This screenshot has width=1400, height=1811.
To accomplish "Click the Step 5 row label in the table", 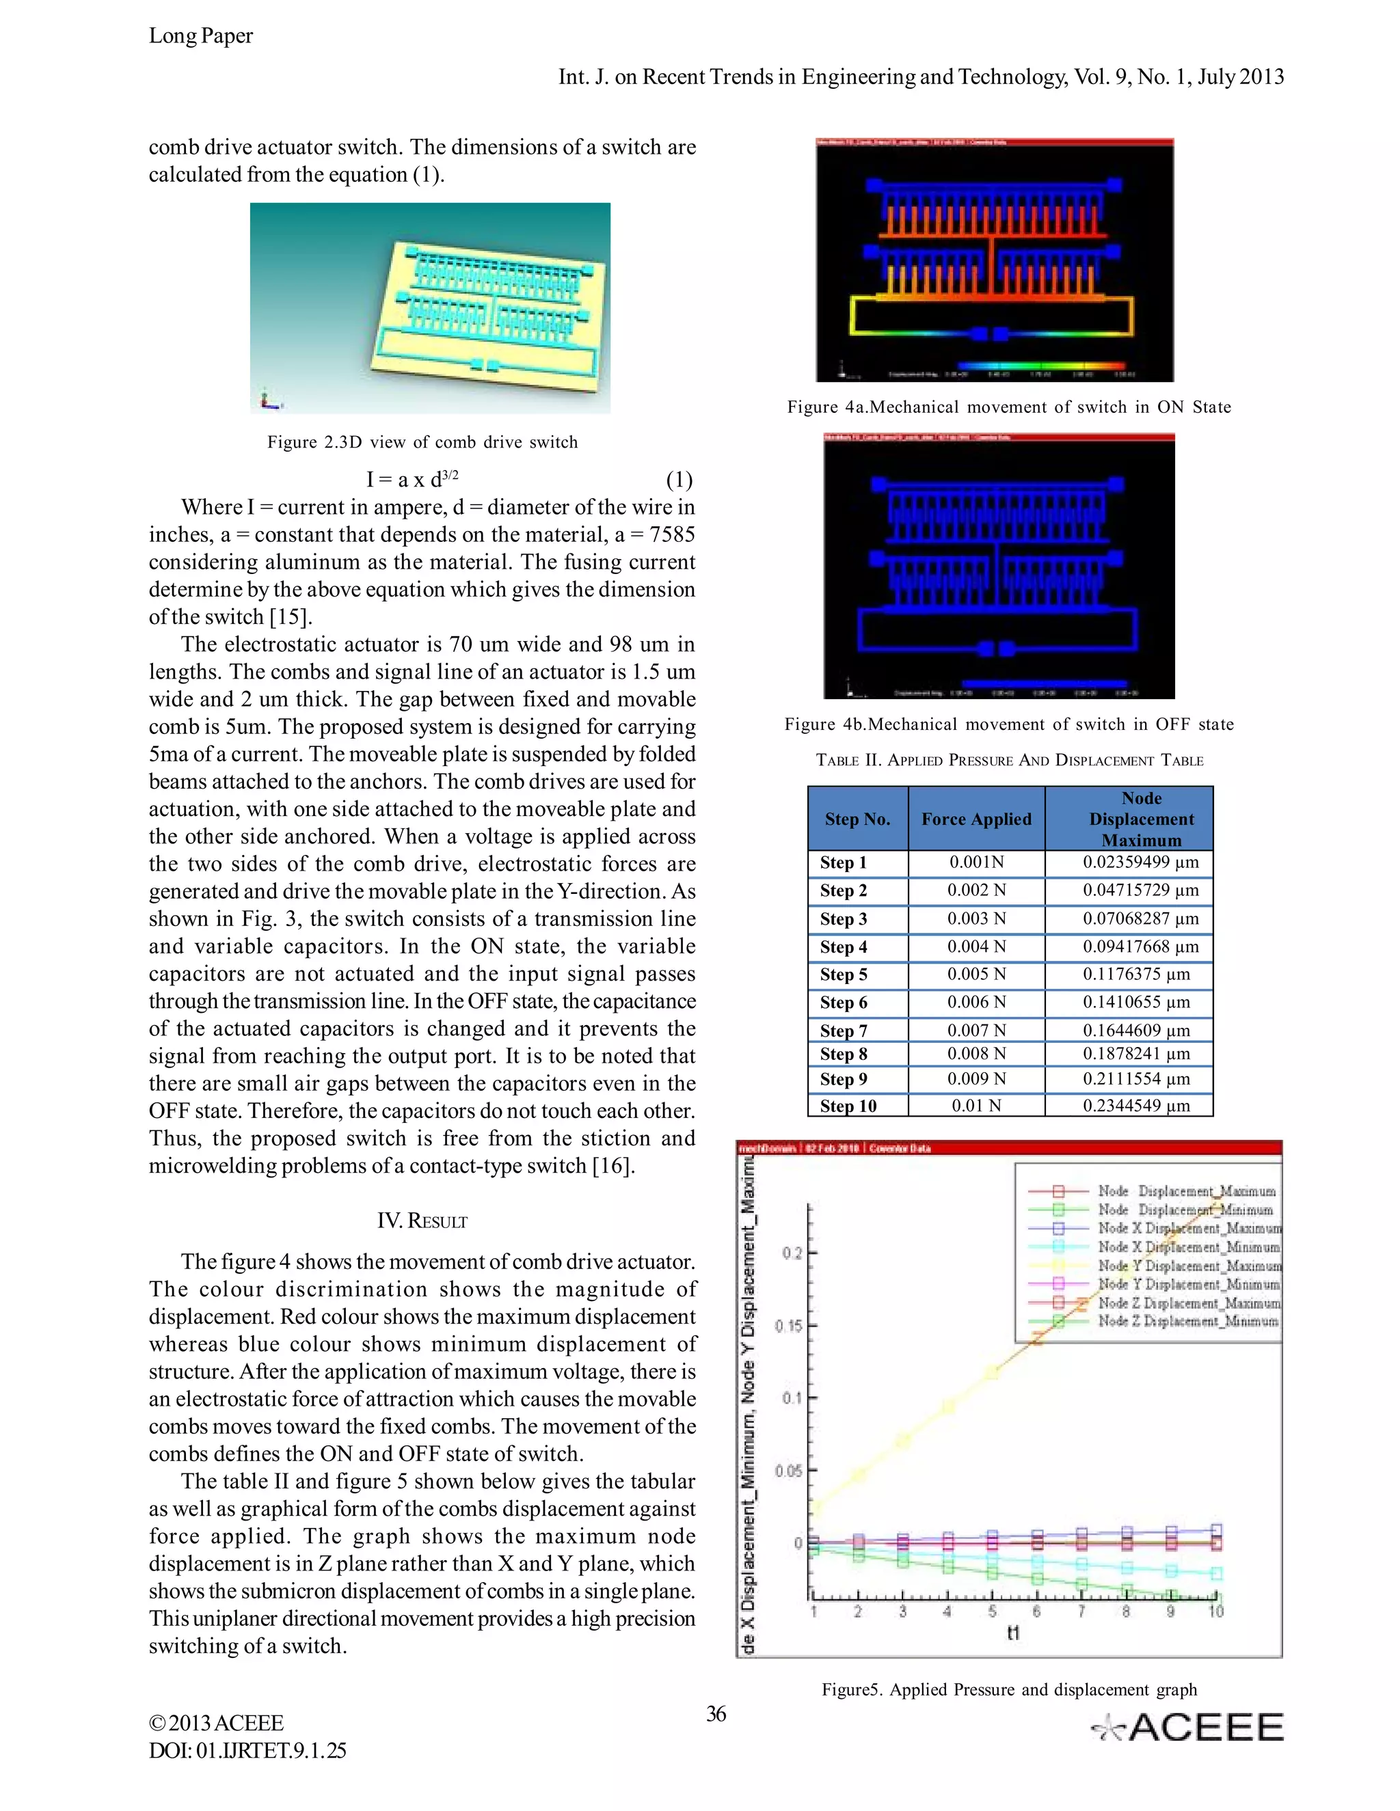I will point(844,975).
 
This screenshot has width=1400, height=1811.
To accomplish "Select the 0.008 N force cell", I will point(976,1054).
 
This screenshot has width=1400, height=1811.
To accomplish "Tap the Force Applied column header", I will point(976,819).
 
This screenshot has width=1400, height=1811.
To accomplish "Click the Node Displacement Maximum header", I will point(1141,819).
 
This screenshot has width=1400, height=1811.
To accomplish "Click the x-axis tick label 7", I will point(1081,1611).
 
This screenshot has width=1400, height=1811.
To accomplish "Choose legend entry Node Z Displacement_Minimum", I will point(1187,1321).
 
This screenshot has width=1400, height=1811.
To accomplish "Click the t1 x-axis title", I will point(1012,1633).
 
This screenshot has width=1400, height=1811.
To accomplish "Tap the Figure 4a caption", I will point(1008,407).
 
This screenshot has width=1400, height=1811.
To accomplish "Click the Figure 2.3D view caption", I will point(422,442).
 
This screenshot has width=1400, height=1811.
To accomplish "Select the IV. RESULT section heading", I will point(422,1221).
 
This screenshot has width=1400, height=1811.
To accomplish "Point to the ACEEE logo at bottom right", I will point(1187,1727).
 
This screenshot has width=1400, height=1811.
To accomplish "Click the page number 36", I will point(716,1714).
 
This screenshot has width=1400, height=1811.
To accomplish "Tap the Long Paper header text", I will point(201,36).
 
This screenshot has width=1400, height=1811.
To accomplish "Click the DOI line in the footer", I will point(247,1750).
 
